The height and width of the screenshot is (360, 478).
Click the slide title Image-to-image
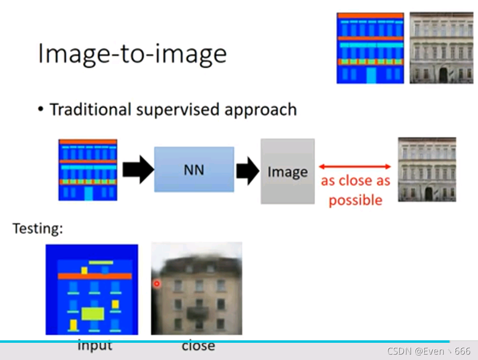click(x=132, y=53)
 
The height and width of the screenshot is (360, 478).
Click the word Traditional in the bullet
click(x=90, y=109)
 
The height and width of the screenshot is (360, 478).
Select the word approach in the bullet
click(x=260, y=109)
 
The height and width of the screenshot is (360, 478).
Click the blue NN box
click(x=194, y=170)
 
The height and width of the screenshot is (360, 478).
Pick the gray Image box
click(x=287, y=171)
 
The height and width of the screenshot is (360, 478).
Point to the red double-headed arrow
click(x=355, y=167)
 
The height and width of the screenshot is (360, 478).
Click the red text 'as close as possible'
click(x=355, y=190)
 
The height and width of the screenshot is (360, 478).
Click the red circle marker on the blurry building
click(x=157, y=284)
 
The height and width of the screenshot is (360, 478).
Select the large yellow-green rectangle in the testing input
click(x=92, y=313)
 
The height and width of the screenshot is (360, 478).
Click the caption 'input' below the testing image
click(x=95, y=346)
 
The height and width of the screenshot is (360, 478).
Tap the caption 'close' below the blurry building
click(x=198, y=346)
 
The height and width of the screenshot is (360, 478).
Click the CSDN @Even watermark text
click(x=428, y=351)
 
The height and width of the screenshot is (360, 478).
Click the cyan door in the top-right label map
click(x=371, y=75)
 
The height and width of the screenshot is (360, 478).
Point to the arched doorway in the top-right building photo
click(x=443, y=75)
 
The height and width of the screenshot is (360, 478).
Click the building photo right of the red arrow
click(x=427, y=169)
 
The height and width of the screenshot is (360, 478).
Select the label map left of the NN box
click(x=88, y=170)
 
